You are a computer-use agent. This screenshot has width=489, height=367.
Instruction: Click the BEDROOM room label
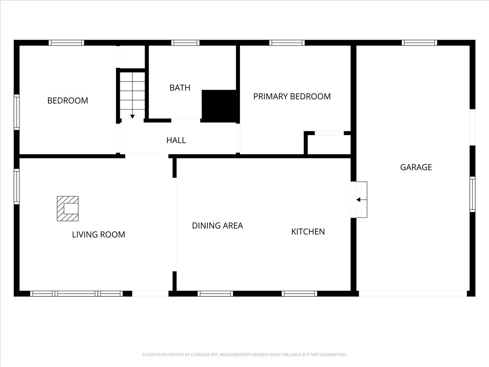coord(68,101)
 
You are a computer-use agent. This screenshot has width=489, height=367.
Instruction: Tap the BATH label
coord(180,88)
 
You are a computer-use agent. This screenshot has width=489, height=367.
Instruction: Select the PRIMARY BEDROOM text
coord(292,97)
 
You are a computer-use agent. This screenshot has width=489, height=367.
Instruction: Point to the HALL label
coord(176,140)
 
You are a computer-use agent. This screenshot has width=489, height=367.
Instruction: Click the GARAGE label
coord(416,167)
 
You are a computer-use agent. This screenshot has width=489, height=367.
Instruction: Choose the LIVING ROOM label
coord(99,234)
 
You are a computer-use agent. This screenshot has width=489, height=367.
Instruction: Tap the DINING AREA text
coord(217,226)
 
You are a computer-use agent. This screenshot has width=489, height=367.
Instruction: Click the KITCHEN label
coord(308,232)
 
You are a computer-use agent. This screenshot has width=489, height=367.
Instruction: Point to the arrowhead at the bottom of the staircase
coord(132,117)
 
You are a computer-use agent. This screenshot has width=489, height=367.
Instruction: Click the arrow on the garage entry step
coord(361,200)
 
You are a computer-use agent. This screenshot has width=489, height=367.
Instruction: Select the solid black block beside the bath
coord(219,106)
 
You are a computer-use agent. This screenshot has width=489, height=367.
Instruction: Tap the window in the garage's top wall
coord(419,43)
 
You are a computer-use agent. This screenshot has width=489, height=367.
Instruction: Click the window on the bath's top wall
coord(185,43)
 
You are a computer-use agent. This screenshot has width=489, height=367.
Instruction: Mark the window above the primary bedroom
coord(287,43)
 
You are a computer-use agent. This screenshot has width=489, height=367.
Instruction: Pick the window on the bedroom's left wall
coord(17,112)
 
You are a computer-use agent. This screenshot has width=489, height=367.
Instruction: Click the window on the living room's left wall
coord(17,186)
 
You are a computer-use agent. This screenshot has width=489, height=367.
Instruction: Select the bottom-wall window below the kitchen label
coord(300,294)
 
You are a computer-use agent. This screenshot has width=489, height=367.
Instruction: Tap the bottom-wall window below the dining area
coord(215,294)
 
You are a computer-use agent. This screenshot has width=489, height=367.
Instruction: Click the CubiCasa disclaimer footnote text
coord(244,354)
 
